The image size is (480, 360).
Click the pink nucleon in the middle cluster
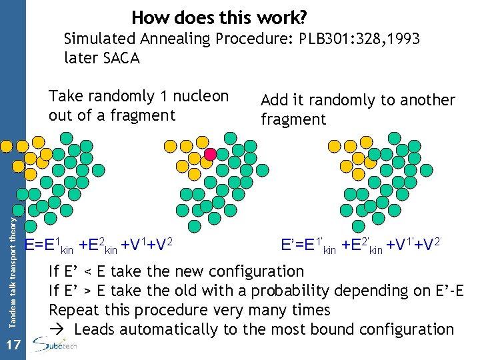(x=210, y=154)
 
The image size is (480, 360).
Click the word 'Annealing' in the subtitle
(x=181, y=39)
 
